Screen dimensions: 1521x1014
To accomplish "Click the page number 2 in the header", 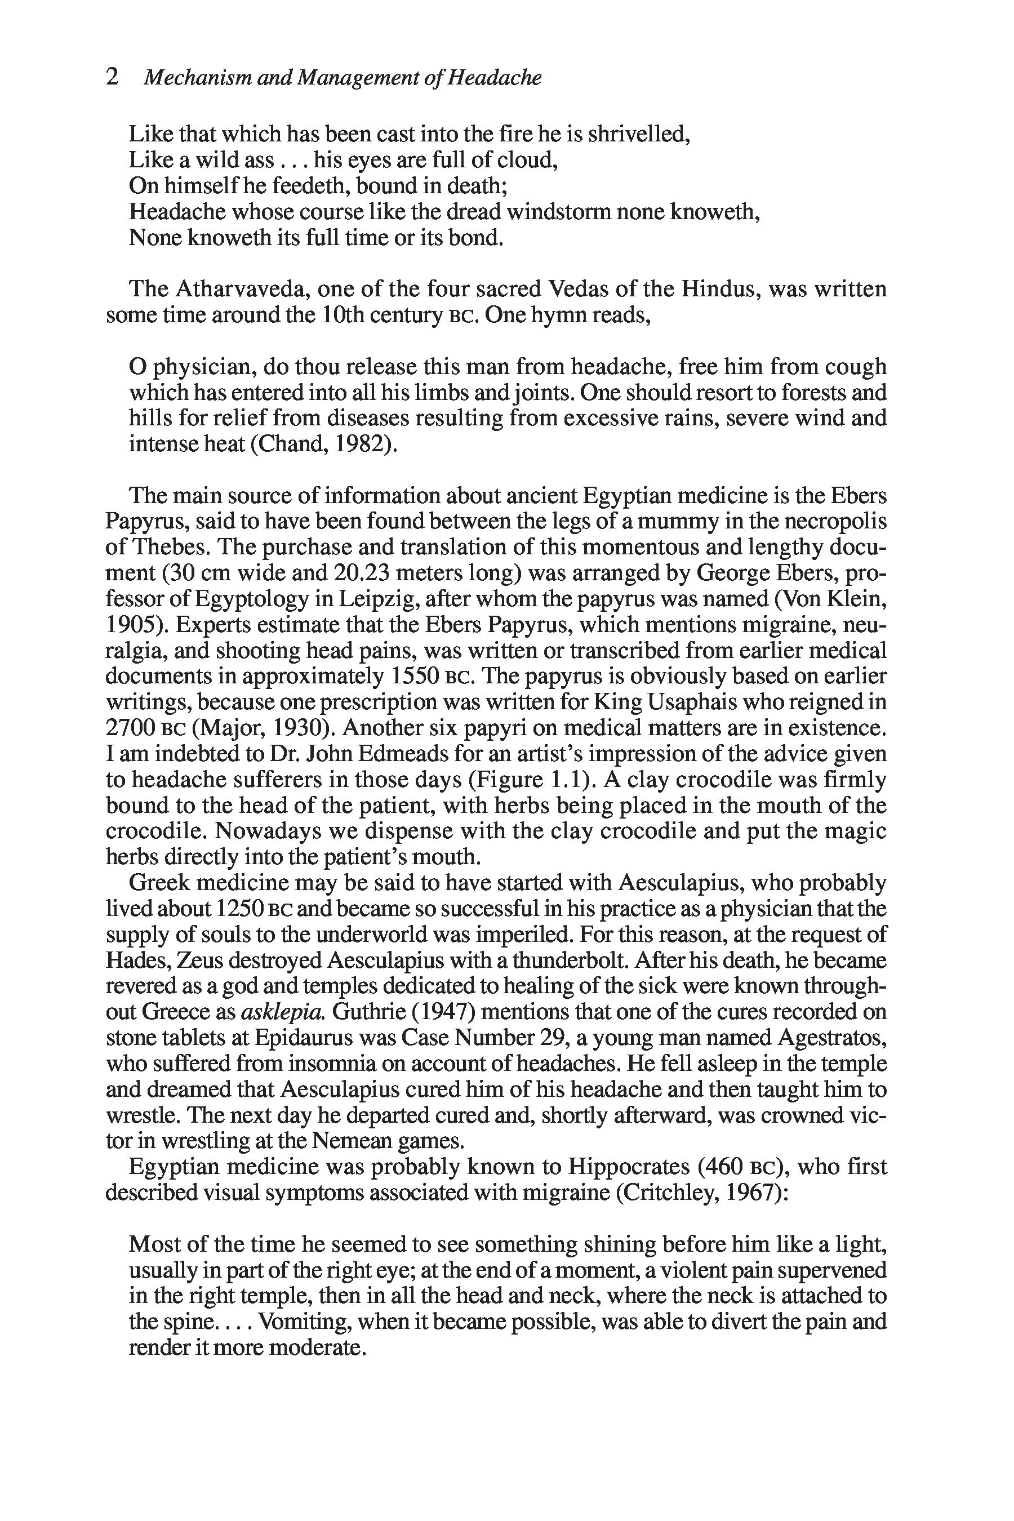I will [x=112, y=78].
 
